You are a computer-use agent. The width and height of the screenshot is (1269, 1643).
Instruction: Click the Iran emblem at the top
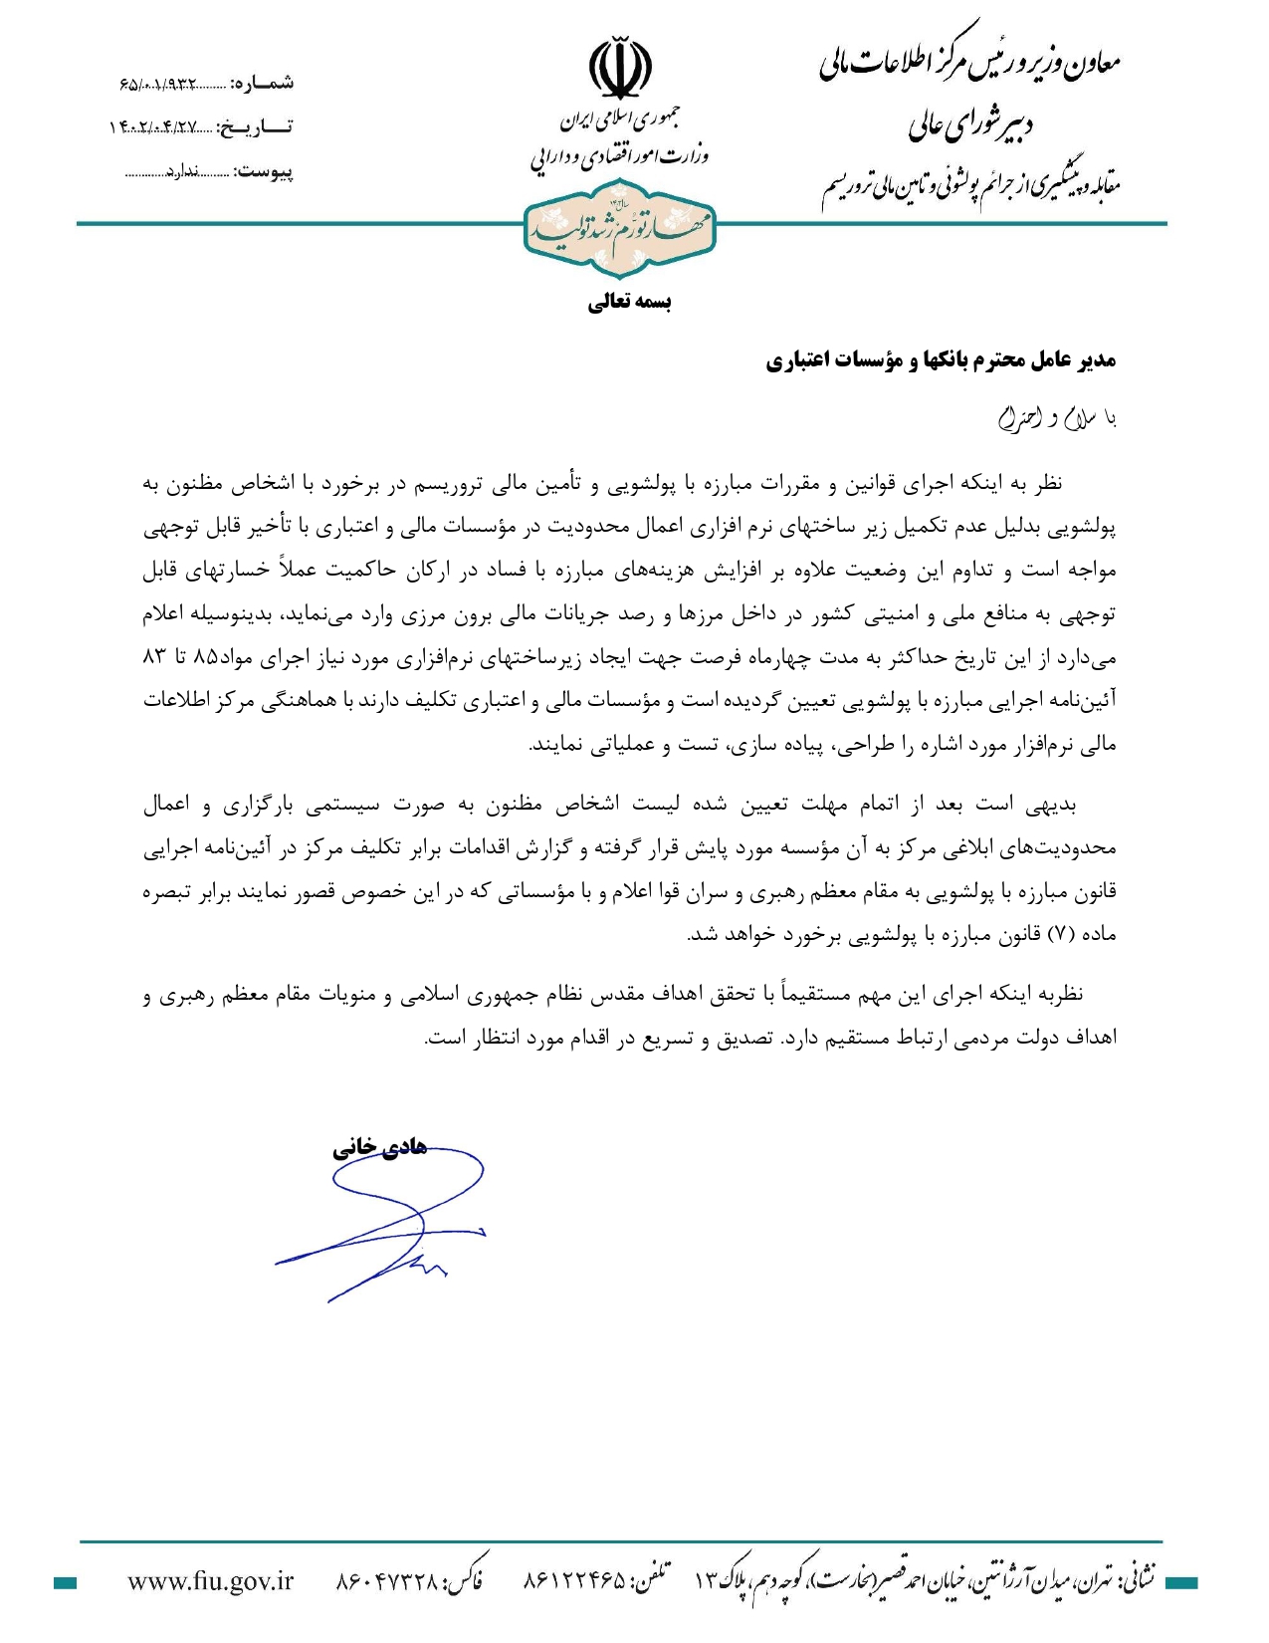click(620, 69)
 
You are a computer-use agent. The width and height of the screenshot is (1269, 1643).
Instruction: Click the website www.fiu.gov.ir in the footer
click(211, 1580)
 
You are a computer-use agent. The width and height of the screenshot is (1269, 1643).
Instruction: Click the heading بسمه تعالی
click(629, 302)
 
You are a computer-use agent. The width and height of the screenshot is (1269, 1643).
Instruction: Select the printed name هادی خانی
click(379, 1146)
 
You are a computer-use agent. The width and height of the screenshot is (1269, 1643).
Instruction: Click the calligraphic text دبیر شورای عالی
click(970, 125)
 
